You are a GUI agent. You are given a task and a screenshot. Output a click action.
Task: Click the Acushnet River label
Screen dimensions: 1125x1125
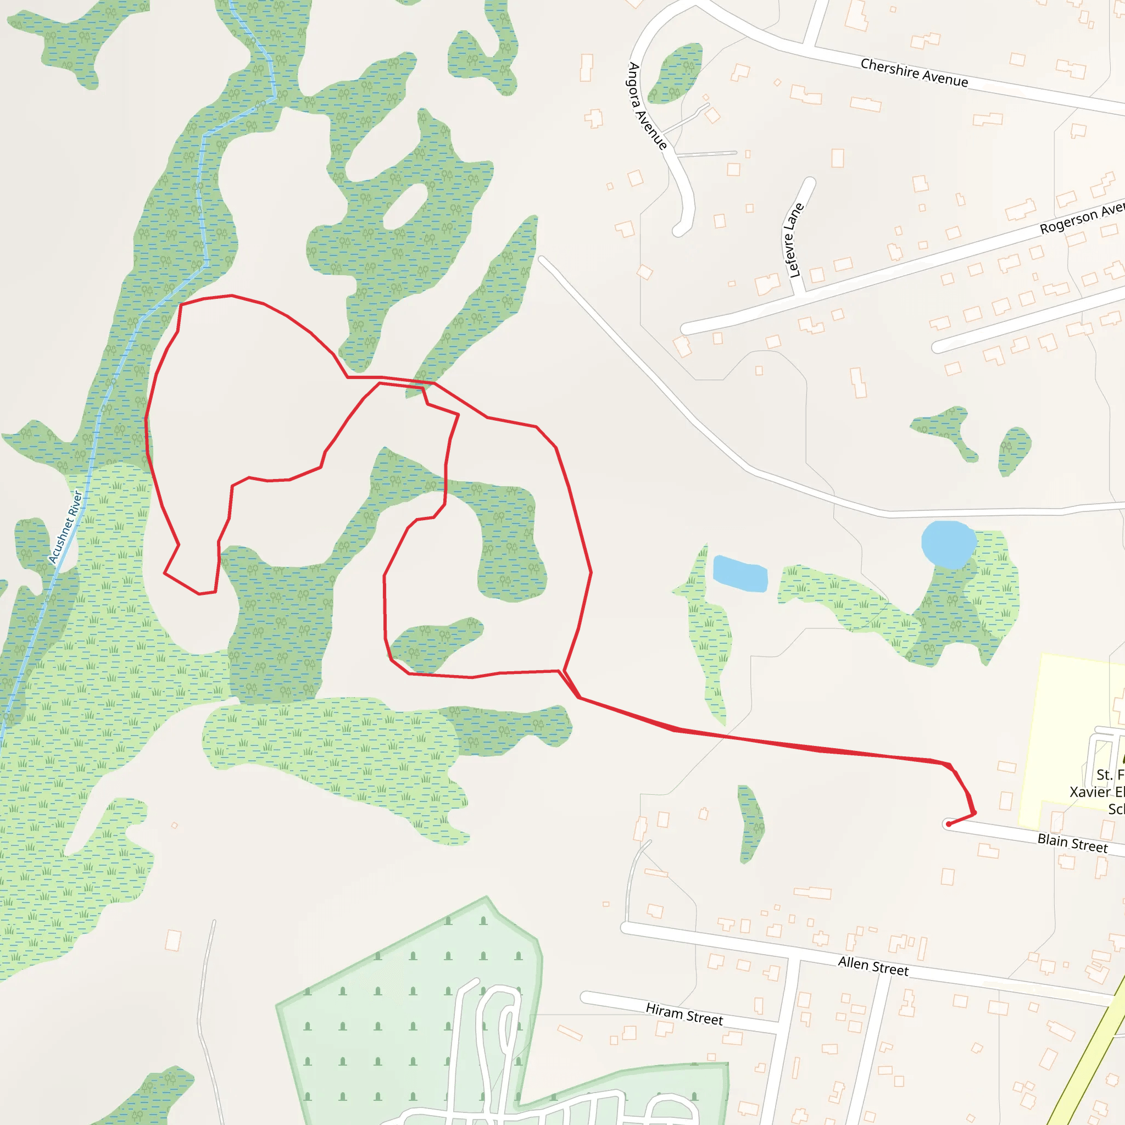click(x=65, y=527)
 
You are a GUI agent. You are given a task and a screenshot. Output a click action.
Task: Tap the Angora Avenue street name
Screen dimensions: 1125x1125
click(x=647, y=106)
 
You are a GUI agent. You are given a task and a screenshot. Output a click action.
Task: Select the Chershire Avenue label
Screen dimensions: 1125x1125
click(x=914, y=73)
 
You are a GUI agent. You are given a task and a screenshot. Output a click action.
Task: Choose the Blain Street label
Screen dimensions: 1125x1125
click(x=1072, y=843)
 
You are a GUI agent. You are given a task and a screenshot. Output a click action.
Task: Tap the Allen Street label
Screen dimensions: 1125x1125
click(x=873, y=966)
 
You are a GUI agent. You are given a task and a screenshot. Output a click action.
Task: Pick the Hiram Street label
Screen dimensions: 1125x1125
click(x=684, y=1014)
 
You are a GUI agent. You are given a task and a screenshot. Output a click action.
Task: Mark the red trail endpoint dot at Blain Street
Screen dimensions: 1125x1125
click(x=949, y=824)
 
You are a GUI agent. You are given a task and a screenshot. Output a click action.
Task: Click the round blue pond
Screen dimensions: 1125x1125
click(x=949, y=544)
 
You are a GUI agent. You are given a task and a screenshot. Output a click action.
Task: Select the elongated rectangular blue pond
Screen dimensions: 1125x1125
click(x=740, y=574)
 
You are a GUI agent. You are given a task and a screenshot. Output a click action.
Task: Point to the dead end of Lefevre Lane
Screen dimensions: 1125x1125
click(x=810, y=182)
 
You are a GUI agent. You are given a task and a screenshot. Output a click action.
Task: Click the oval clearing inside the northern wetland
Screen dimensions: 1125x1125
click(x=405, y=206)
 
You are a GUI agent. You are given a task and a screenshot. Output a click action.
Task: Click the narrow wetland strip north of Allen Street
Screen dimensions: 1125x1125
click(x=750, y=822)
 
